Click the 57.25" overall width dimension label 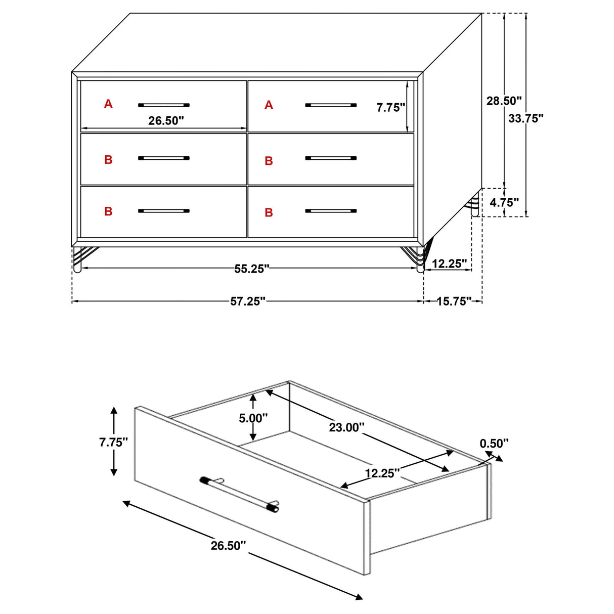pos(248,301)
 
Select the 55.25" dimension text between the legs pos(251,269)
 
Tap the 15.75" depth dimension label pos(454,301)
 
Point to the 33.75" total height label pos(526,118)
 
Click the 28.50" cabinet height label pos(504,101)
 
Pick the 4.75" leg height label pos(504,203)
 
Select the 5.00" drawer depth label pos(253,418)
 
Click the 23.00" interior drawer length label pos(346,427)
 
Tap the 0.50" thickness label pos(494,444)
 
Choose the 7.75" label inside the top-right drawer pos(391,107)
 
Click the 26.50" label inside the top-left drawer pos(166,121)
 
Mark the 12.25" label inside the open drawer pos(382,473)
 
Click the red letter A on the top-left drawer pos(108,104)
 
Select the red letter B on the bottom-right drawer pos(269,212)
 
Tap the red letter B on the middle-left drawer pos(108,160)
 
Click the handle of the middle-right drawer pos(331,158)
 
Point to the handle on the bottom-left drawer pos(163,210)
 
